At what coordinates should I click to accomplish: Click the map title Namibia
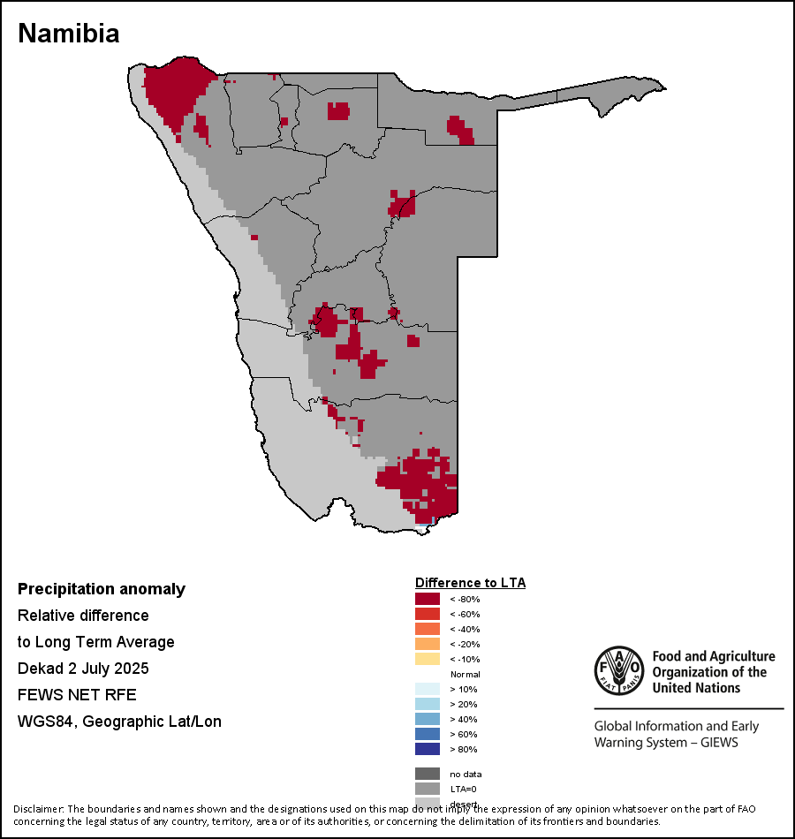click(69, 34)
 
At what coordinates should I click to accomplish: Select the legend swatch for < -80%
click(428, 600)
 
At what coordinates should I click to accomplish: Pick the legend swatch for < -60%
click(428, 615)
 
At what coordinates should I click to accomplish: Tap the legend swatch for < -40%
click(428, 630)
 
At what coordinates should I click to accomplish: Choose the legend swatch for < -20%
click(428, 645)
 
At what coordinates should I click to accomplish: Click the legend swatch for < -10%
click(428, 660)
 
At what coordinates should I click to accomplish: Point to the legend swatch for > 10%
click(428, 690)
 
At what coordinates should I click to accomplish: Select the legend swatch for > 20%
click(428, 705)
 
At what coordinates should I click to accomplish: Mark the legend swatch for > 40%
click(428, 720)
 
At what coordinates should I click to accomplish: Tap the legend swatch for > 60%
click(428, 735)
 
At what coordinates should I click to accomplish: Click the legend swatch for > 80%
click(428, 750)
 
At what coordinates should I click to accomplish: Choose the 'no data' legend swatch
click(428, 774)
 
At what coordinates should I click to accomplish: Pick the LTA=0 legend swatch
click(428, 789)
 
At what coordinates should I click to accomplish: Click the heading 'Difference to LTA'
click(470, 583)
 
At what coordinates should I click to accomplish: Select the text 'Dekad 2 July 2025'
click(83, 668)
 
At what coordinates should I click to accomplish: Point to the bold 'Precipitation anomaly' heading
click(102, 589)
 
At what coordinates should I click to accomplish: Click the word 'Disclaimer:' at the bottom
click(38, 809)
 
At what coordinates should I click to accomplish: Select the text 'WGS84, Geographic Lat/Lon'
click(119, 722)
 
